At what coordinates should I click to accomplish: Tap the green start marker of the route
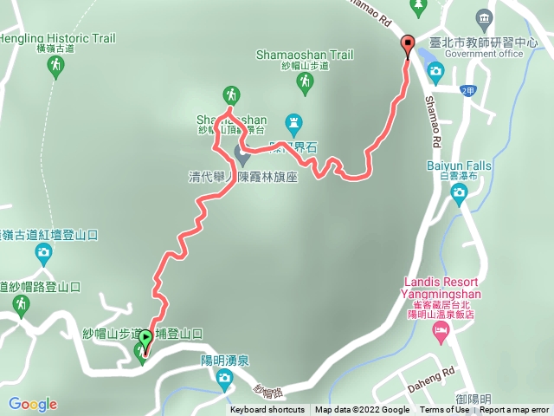click(x=145, y=340)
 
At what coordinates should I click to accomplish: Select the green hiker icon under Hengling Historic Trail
click(x=55, y=67)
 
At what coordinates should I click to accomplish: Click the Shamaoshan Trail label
click(x=305, y=55)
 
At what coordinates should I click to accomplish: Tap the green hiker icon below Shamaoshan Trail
click(x=305, y=82)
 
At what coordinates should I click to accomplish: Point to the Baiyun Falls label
click(x=459, y=166)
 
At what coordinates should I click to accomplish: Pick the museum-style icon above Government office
click(x=483, y=17)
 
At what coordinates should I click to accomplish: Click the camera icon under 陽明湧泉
click(x=225, y=377)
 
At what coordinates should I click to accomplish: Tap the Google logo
click(x=33, y=404)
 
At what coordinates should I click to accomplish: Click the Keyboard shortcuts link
click(x=267, y=410)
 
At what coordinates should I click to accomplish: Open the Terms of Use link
click(x=444, y=410)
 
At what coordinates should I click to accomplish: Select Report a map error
click(x=514, y=410)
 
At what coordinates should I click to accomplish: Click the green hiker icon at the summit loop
click(x=230, y=94)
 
